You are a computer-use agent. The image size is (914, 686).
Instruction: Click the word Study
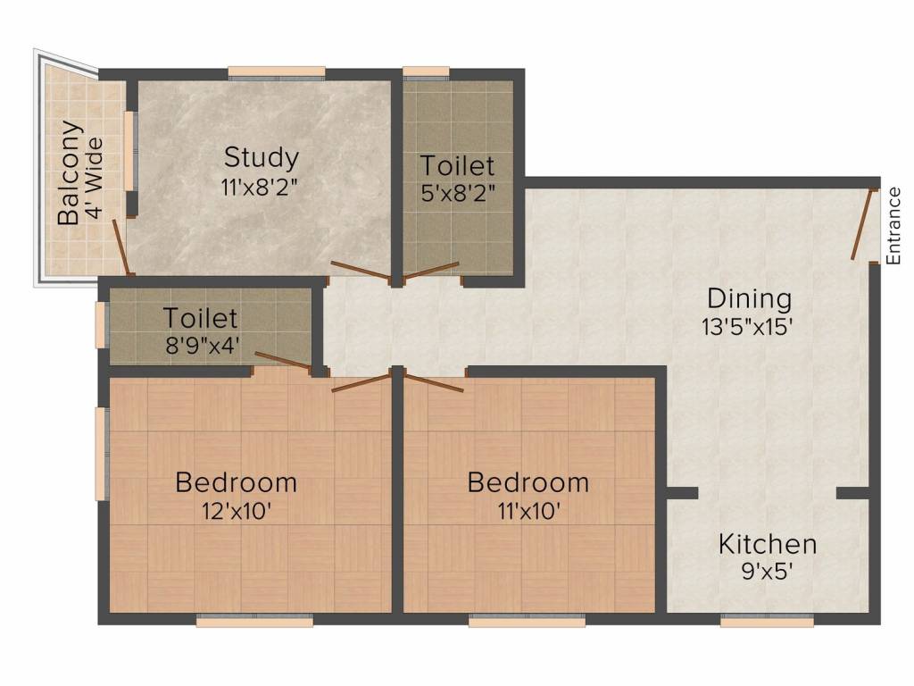(261, 158)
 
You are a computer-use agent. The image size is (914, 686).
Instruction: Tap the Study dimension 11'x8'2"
(261, 188)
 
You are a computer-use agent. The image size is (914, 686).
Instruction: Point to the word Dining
(749, 298)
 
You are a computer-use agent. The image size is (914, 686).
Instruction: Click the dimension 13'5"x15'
(748, 326)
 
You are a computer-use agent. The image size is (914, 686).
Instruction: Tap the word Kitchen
(768, 544)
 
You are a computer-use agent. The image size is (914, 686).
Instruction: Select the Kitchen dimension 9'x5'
(768, 572)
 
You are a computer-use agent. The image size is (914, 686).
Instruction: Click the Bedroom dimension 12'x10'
(236, 512)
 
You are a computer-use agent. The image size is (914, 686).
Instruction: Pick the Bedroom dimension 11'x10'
(528, 512)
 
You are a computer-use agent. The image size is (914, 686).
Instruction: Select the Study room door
(360, 272)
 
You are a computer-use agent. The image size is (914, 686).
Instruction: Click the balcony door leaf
(122, 247)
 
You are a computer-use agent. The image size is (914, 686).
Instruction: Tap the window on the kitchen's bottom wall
(767, 621)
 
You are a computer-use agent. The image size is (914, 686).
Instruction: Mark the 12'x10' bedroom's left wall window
(102, 453)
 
